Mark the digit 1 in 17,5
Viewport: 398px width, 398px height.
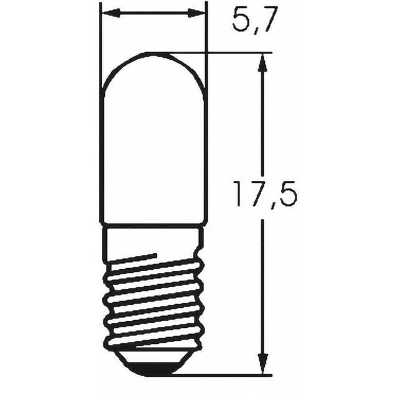tap(239, 195)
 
